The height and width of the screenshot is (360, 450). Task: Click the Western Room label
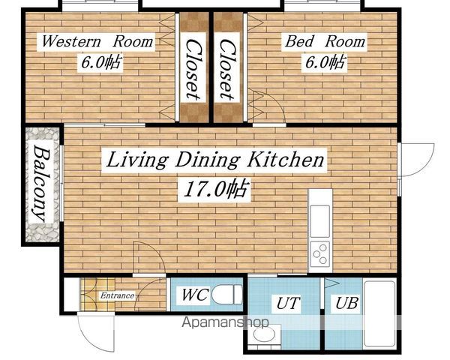97,41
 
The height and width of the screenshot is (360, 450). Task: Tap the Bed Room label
325,41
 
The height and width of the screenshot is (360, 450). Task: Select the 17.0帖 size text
214,190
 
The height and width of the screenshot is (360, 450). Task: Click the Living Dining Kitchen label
214,160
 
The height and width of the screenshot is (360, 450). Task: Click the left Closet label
193,70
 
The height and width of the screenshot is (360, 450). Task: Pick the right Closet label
227,70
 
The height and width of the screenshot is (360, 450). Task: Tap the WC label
194,294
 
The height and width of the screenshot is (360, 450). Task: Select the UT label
288,304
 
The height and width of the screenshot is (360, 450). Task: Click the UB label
346,303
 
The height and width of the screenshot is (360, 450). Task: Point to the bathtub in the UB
379,313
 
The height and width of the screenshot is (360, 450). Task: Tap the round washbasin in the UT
264,334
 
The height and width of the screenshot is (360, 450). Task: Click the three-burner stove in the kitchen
320,254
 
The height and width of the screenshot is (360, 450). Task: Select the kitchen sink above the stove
320,221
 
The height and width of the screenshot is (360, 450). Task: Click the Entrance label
118,295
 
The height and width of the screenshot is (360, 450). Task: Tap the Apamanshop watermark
226,322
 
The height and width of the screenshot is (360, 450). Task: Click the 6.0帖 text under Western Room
101,62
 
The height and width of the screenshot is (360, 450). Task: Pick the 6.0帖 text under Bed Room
325,62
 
